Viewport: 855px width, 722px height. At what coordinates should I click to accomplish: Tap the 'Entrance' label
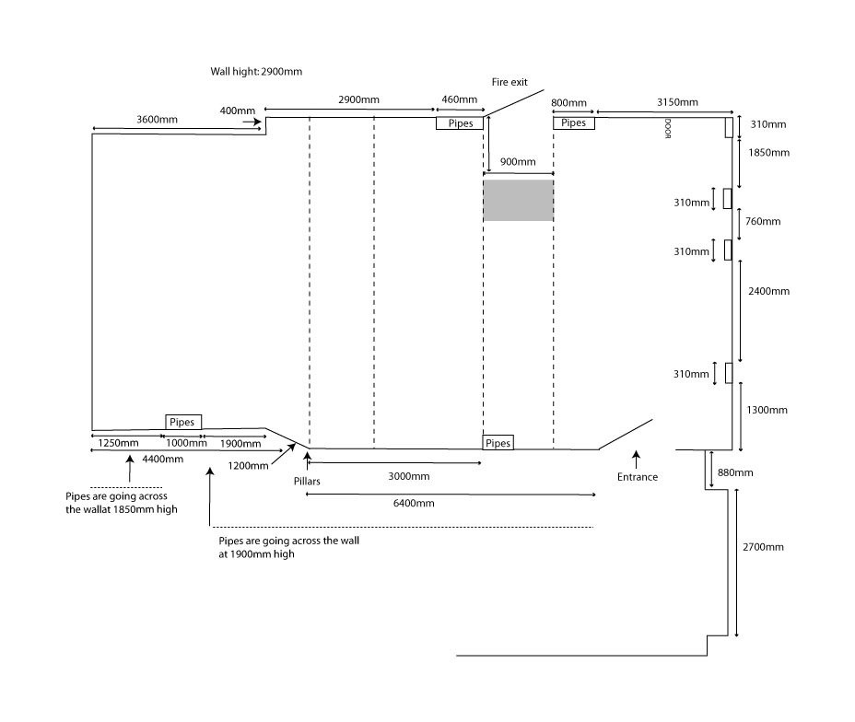[638, 476]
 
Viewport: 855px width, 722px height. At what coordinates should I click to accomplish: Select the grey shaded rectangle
[519, 200]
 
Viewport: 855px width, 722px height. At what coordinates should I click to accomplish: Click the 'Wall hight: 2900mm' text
[256, 71]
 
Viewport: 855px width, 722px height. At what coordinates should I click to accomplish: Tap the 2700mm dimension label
[763, 547]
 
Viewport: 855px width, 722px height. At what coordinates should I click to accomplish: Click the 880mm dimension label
[734, 472]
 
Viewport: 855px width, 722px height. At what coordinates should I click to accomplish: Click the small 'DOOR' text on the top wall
[666, 129]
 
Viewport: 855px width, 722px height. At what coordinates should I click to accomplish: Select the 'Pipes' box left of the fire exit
[460, 122]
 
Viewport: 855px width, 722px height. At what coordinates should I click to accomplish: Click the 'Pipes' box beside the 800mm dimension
[573, 122]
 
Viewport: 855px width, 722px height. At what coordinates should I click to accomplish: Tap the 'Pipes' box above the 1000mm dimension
[183, 422]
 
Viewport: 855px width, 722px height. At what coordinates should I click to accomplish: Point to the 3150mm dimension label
[676, 101]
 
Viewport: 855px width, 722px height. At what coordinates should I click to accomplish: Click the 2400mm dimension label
[768, 291]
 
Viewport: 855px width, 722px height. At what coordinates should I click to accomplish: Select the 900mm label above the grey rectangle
[518, 162]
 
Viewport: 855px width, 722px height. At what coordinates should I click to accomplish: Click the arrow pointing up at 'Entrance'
[635, 457]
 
